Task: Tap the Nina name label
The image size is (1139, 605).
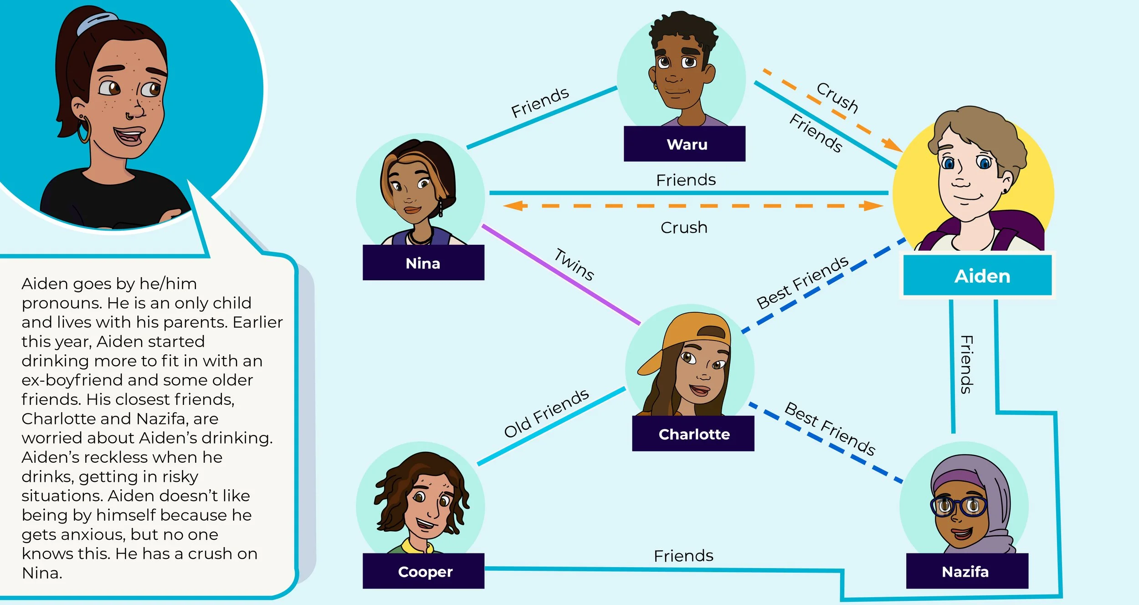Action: click(x=423, y=263)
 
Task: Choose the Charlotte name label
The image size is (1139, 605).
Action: click(x=693, y=434)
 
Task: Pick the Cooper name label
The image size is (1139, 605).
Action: click(x=425, y=571)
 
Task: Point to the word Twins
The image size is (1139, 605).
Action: click(x=574, y=264)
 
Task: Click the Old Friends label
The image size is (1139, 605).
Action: click(x=546, y=413)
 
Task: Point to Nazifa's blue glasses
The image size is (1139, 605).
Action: click(x=959, y=506)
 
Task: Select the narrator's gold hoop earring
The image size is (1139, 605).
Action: click(x=84, y=131)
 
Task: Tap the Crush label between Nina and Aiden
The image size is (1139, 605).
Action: click(x=684, y=228)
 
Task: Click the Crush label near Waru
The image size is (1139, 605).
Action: click(x=837, y=97)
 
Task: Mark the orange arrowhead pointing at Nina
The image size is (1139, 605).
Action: click(x=513, y=206)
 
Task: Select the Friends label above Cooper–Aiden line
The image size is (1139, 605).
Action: click(x=683, y=556)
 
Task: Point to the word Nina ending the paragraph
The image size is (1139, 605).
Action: click(x=42, y=573)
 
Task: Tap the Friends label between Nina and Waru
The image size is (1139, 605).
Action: click(x=540, y=103)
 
